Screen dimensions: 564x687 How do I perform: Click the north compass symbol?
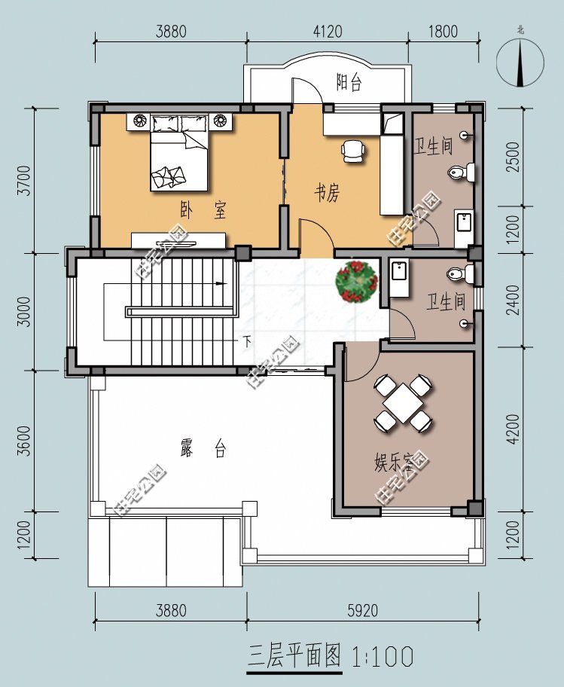520,61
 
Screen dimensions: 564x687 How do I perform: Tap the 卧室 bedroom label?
203,210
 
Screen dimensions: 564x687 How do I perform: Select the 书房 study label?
327,193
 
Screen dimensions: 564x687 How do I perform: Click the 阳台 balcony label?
349,82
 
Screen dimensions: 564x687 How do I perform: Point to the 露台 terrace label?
203,448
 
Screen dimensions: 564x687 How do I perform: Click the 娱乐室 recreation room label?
394,462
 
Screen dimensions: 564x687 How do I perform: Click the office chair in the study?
353,151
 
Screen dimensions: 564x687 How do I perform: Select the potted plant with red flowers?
357,282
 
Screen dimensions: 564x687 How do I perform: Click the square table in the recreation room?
403,404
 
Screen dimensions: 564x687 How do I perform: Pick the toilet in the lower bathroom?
460,273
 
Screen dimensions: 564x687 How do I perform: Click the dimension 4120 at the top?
328,31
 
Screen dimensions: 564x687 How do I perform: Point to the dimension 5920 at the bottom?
363,610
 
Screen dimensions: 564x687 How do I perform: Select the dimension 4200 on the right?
513,429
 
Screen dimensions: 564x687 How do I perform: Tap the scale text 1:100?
383,656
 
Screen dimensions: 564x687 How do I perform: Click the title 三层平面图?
294,656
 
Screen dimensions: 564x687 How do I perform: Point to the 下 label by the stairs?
248,341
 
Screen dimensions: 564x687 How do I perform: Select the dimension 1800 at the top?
443,31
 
